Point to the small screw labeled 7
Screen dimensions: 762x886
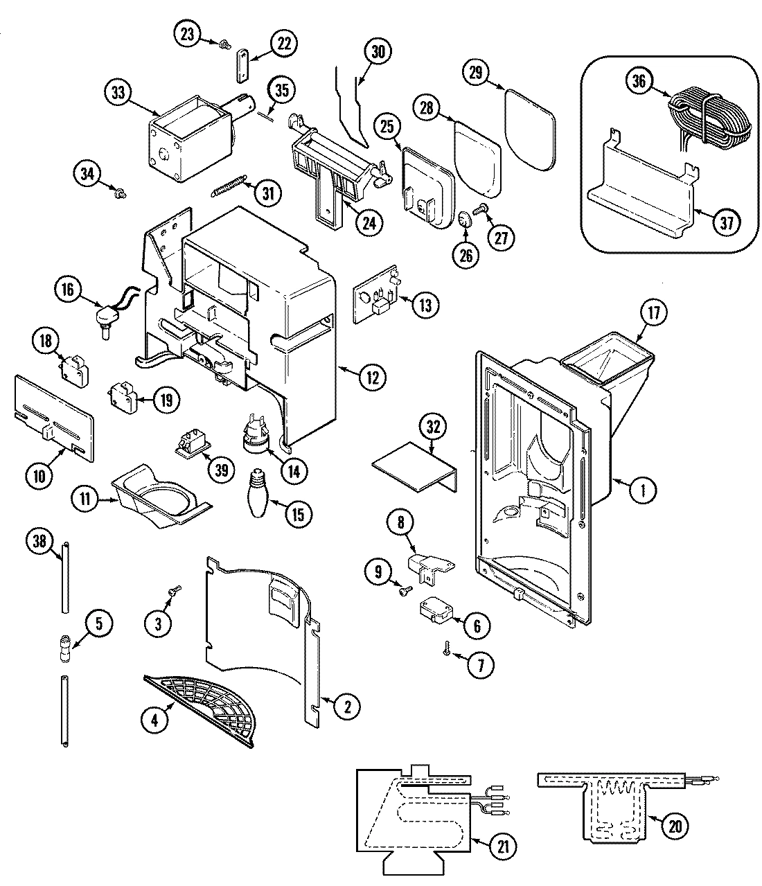click(448, 649)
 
